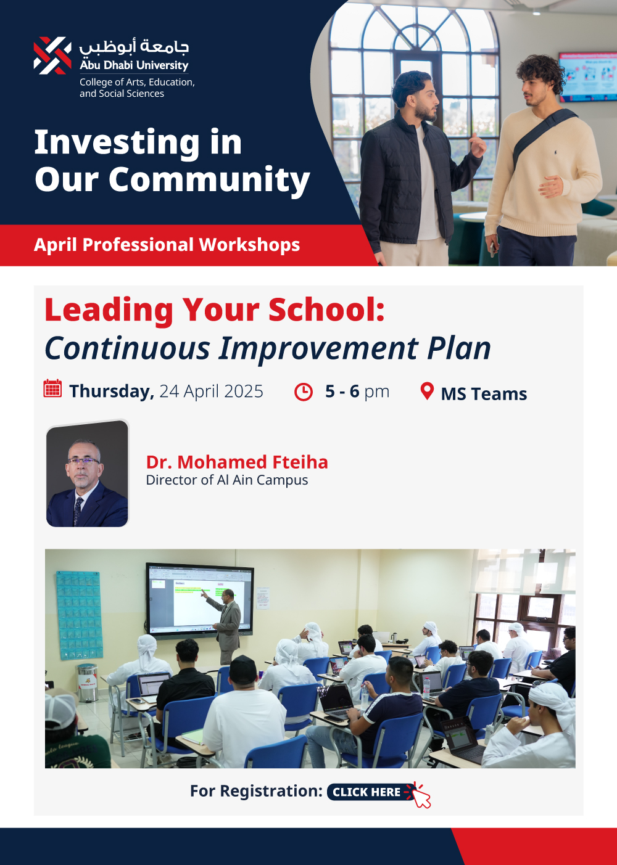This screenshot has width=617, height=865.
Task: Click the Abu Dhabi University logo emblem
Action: click(x=52, y=55)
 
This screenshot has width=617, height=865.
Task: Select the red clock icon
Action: click(x=304, y=392)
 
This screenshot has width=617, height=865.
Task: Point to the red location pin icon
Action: click(x=427, y=391)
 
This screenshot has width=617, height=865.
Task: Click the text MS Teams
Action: click(x=484, y=394)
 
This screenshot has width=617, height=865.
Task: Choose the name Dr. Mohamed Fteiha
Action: click(x=237, y=462)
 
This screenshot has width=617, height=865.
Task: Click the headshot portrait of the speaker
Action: click(x=87, y=473)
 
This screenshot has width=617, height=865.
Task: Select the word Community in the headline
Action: click(x=209, y=180)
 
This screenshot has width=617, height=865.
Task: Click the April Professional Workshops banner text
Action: click(x=167, y=245)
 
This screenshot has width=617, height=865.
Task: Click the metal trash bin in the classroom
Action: click(x=88, y=683)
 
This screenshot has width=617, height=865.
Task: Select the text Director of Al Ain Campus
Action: click(x=227, y=480)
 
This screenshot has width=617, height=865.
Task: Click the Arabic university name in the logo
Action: click(x=134, y=46)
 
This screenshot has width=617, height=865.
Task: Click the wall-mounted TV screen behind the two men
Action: click(x=587, y=77)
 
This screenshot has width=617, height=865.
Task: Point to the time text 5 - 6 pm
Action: click(x=357, y=391)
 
